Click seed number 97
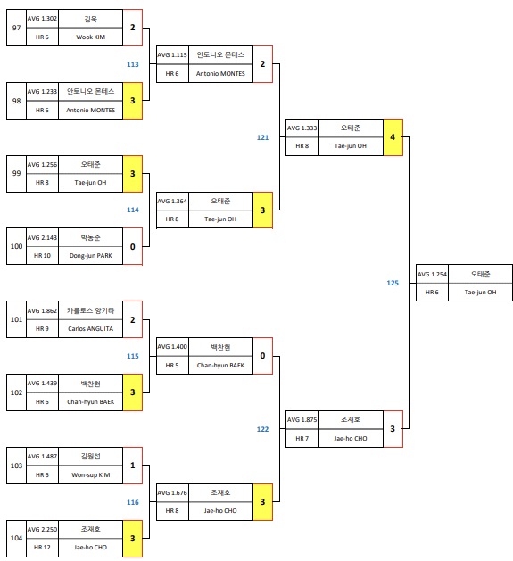(x=16, y=28)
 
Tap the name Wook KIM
(x=90, y=37)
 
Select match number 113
(x=132, y=64)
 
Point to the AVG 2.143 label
(x=42, y=237)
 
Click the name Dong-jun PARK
(x=90, y=256)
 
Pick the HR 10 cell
(x=42, y=256)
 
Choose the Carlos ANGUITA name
(x=90, y=328)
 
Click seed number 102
(x=16, y=392)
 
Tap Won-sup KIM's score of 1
(x=132, y=465)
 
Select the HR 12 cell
(x=42, y=546)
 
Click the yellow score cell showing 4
(x=393, y=137)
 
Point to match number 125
(x=393, y=283)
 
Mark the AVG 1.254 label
(x=432, y=274)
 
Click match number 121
(x=262, y=137)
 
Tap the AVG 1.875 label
(x=302, y=419)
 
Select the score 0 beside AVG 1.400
(x=262, y=355)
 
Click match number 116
(x=132, y=502)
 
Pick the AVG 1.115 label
(x=172, y=55)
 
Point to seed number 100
(x=16, y=246)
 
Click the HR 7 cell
(x=302, y=438)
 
